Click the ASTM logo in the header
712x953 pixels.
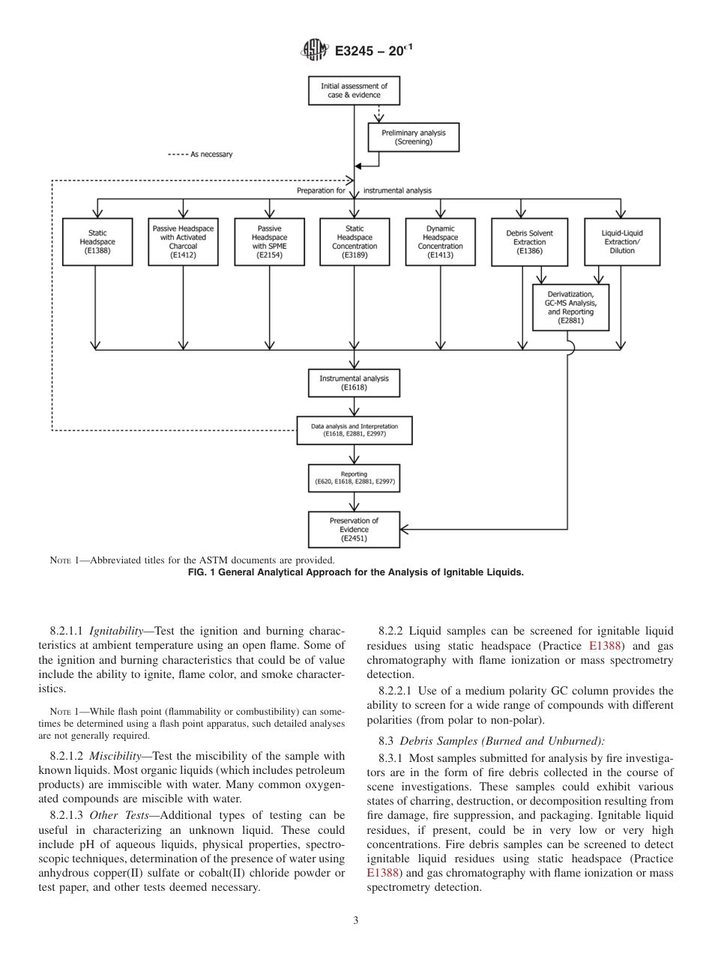pos(314,50)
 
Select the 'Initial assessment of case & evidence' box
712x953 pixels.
pos(354,91)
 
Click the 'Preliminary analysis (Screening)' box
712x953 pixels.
pos(413,137)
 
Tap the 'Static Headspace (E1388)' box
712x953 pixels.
pos(97,241)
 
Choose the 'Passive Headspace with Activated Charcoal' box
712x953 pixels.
pos(183,241)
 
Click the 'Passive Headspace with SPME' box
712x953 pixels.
pos(269,241)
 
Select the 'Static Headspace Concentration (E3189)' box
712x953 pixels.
pos(355,241)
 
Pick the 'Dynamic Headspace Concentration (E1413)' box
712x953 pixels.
pos(440,241)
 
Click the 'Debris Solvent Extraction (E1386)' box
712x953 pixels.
pos(529,241)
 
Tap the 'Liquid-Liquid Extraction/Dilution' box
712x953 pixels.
pos(621,241)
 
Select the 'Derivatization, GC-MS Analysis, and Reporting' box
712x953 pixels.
pos(570,307)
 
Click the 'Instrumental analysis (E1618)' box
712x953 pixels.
pos(354,383)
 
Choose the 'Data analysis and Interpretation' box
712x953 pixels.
pos(354,430)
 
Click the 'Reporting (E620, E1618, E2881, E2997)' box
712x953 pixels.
pos(354,478)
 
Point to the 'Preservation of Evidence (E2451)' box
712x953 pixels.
pos(354,529)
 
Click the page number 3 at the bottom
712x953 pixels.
pos(355,920)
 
